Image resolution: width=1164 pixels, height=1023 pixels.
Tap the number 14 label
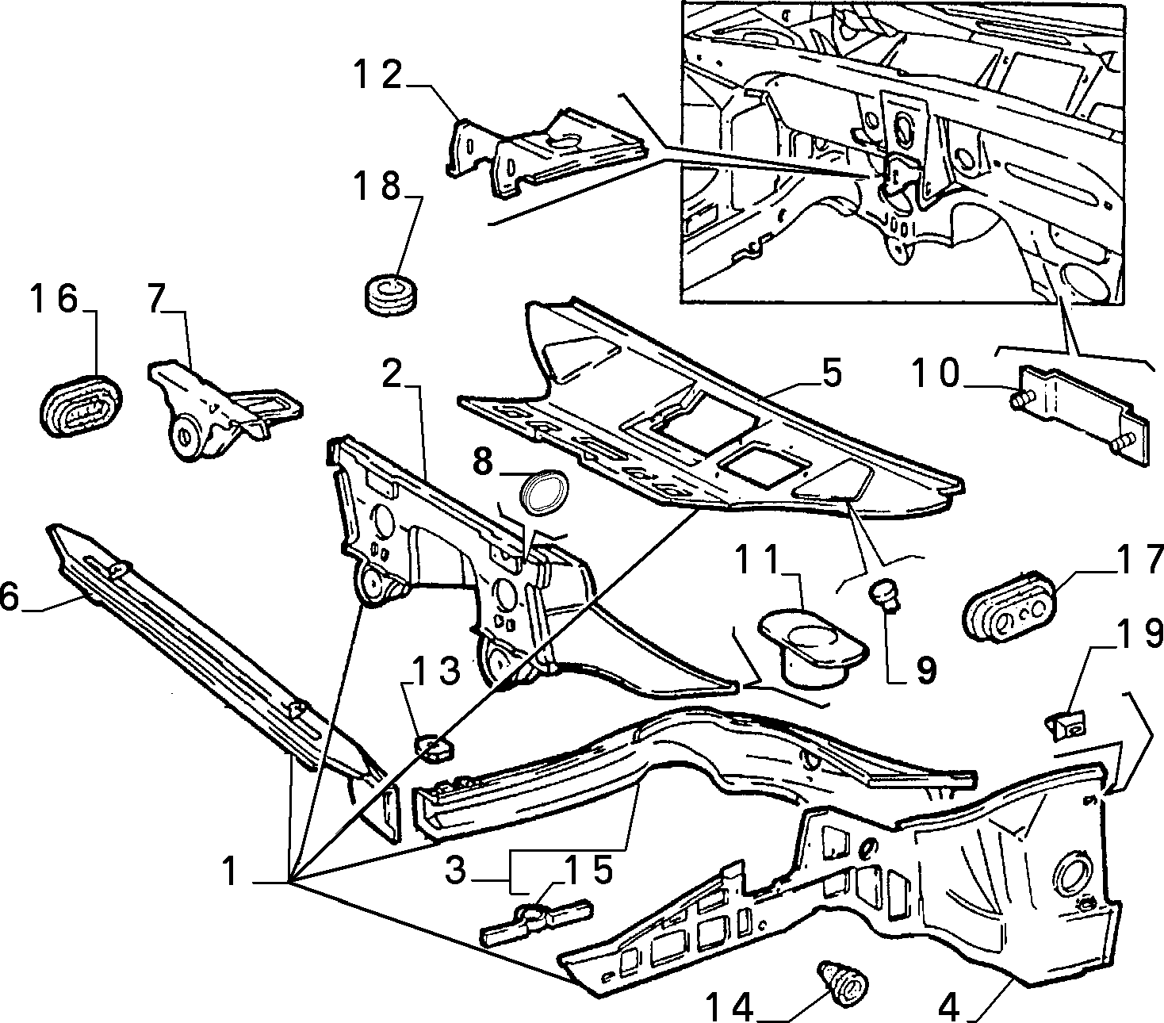729,1007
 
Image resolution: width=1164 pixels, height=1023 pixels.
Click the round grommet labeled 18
391,295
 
